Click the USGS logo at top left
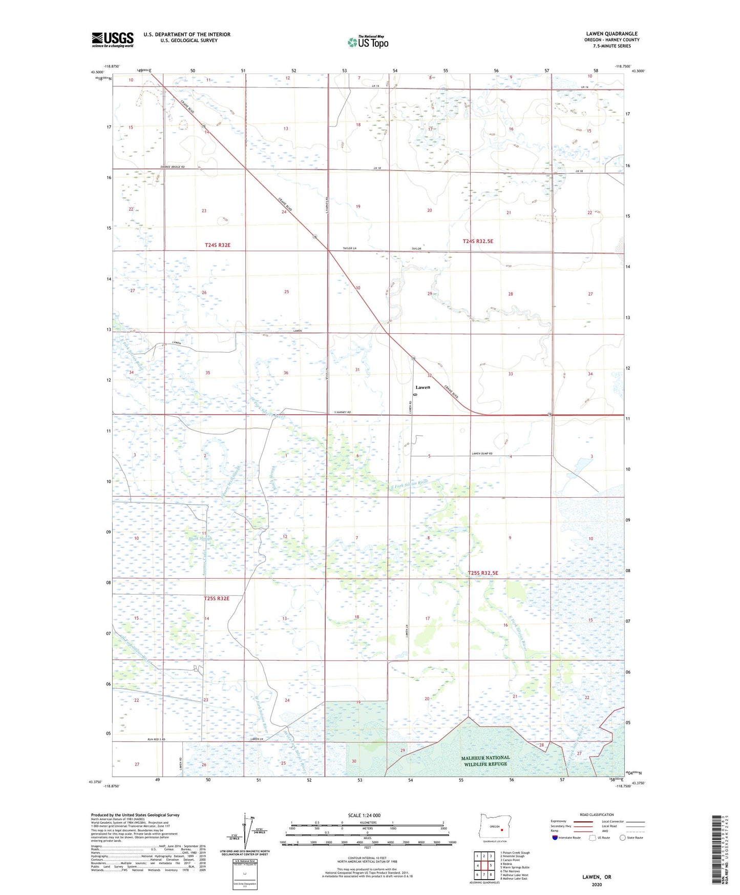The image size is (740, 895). [x=113, y=39]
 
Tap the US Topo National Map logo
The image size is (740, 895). [x=368, y=42]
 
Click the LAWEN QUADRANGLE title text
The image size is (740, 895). [x=611, y=34]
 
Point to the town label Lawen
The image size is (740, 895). [x=422, y=387]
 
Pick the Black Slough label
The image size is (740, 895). [x=200, y=539]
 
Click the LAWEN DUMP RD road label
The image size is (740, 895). [x=481, y=454]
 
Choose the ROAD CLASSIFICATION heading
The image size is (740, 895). [x=596, y=815]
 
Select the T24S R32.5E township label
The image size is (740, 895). [x=481, y=241]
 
